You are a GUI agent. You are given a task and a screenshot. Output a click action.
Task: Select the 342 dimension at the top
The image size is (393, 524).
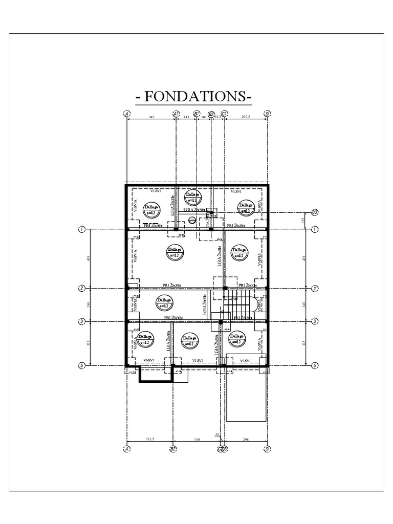[x=151, y=117]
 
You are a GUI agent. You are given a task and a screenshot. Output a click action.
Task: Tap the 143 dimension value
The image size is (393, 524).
[x=186, y=117]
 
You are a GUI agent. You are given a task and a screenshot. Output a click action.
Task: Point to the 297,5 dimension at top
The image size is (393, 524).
[x=246, y=117]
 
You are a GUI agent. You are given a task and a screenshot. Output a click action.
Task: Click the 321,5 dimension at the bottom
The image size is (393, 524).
[x=150, y=439]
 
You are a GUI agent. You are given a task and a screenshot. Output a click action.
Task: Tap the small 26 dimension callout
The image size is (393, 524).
[x=217, y=435]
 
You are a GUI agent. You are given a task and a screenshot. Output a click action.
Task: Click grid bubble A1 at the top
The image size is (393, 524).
[x=176, y=114]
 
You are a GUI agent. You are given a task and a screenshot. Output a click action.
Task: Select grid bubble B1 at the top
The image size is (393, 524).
[x=196, y=114]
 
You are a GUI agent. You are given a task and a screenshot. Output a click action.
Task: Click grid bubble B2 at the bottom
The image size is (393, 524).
[x=173, y=449]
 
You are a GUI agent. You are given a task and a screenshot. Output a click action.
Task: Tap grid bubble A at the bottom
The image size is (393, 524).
[x=126, y=449]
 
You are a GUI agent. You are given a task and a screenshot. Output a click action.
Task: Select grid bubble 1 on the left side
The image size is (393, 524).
[x=81, y=229]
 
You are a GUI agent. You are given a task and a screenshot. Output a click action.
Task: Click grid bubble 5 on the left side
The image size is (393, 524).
[x=81, y=365]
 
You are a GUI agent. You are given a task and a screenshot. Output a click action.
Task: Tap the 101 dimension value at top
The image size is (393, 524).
[x=204, y=117]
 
